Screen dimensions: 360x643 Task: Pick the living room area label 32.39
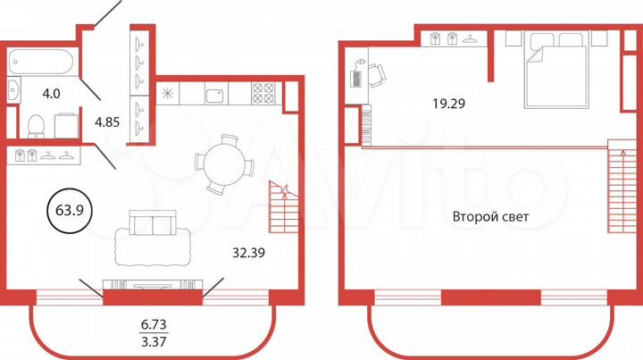tap(247, 252)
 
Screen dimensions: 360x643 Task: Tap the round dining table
tap(224, 163)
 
